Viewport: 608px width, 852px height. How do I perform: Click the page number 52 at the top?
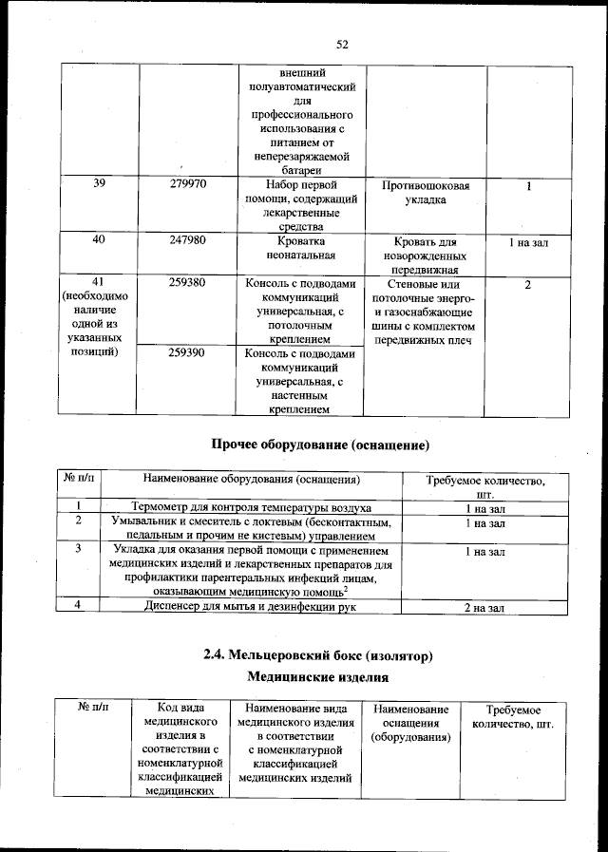343,44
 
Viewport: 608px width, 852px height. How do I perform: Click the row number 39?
99,185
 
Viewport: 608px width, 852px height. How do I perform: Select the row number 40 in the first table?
99,241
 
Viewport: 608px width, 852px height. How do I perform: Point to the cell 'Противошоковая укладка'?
425,193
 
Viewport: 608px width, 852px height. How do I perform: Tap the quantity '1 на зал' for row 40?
526,242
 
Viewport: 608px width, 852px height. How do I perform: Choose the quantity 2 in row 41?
526,285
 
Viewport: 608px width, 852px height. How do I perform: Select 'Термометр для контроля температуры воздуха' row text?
251,508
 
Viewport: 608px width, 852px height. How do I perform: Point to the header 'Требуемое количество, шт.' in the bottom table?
512,718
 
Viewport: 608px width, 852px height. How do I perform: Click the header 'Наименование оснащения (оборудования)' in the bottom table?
410,724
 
